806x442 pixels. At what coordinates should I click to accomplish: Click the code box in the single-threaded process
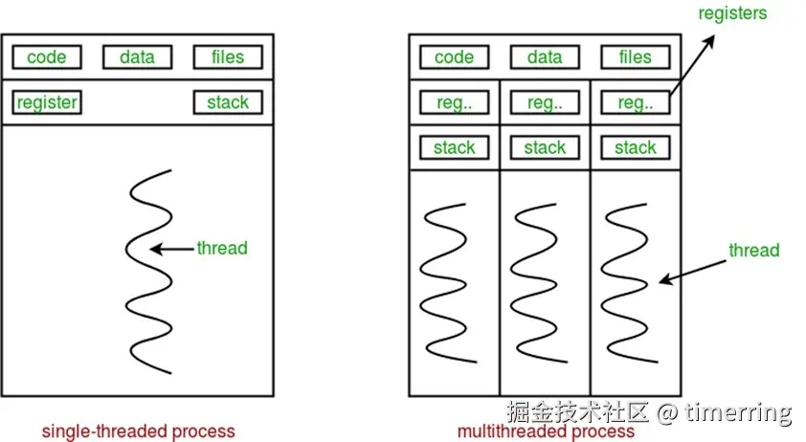tap(46, 57)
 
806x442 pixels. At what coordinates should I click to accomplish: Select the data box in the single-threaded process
tap(137, 57)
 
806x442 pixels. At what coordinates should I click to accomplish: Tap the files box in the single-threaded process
tap(228, 57)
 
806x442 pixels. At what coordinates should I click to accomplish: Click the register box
tap(47, 102)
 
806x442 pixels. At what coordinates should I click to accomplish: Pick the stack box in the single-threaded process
tap(228, 102)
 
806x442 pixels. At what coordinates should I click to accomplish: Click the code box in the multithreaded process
tap(454, 57)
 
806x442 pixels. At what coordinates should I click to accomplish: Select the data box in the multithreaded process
tap(545, 57)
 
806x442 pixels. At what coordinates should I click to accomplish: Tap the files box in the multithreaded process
tap(636, 57)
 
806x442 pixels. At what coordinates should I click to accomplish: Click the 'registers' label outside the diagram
tap(732, 13)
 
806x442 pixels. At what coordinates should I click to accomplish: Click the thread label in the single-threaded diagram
tap(222, 249)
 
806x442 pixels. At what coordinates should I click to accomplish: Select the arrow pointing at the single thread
tap(172, 250)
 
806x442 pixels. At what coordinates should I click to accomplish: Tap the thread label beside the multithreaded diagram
tap(753, 251)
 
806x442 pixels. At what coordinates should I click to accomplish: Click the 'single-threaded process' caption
tap(138, 431)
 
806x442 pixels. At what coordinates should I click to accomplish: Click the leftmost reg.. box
tap(454, 103)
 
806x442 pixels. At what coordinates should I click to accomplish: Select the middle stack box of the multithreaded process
tap(545, 148)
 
